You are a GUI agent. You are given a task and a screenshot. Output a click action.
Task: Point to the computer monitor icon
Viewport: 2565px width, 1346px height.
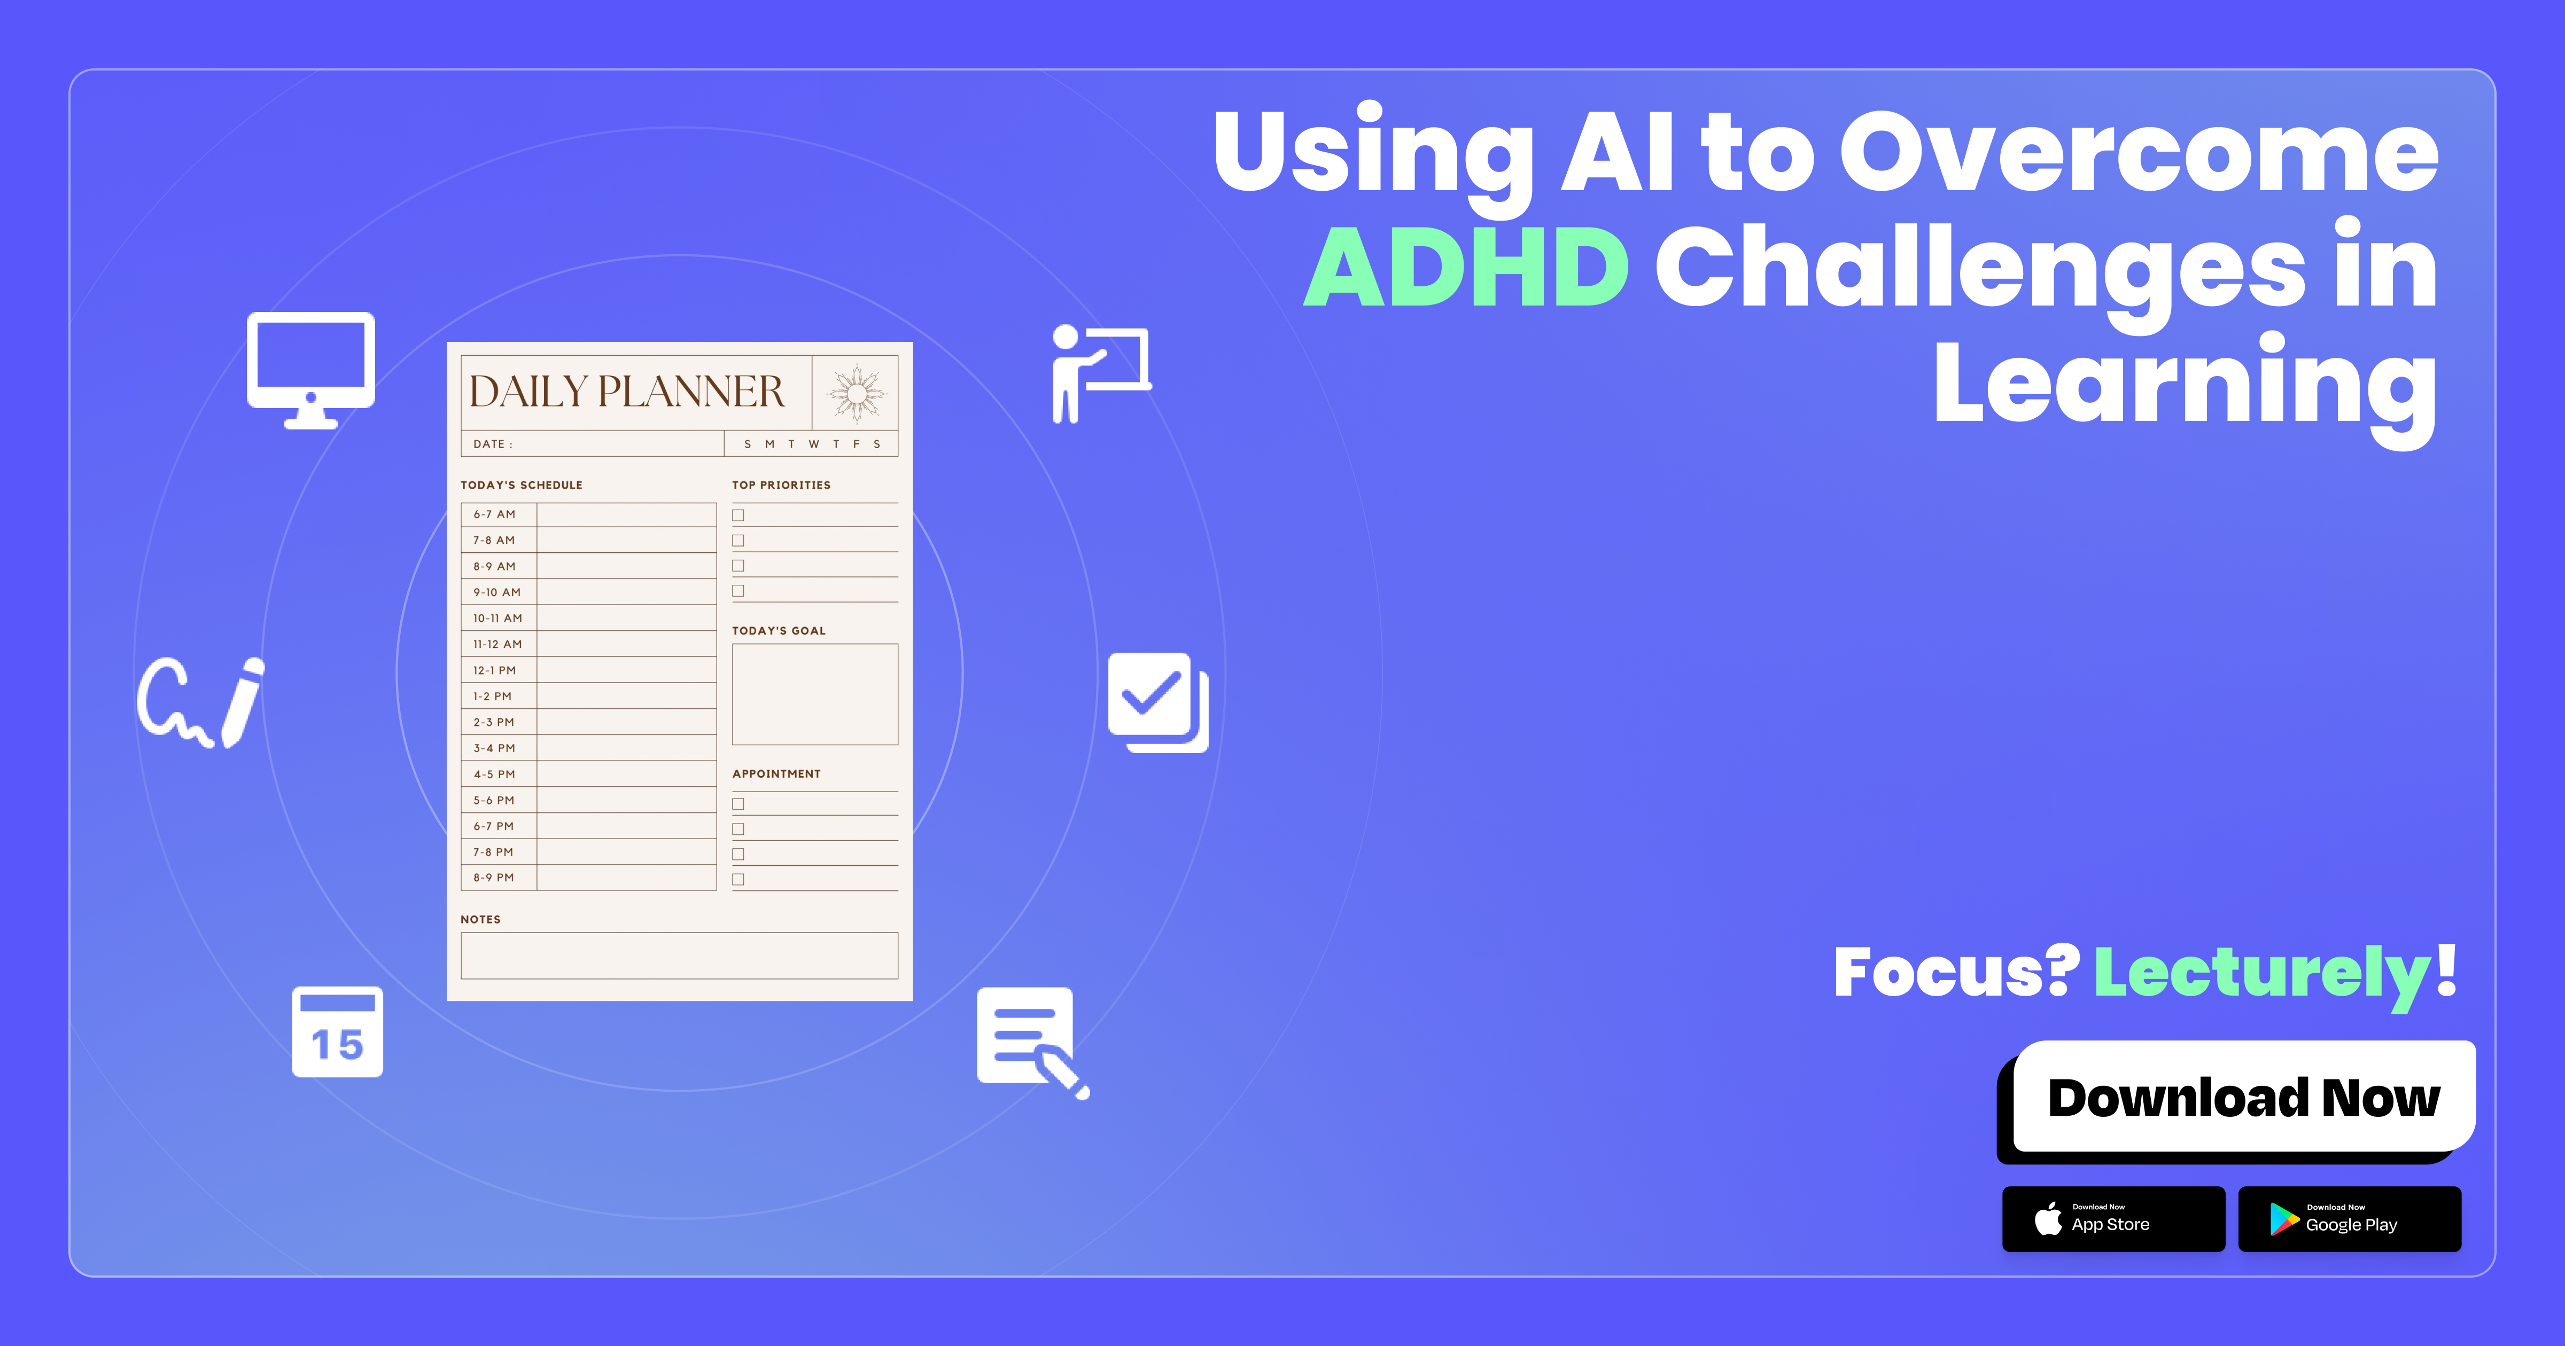coord(310,369)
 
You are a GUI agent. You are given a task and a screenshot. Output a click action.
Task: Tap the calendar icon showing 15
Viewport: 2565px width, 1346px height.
coord(338,1032)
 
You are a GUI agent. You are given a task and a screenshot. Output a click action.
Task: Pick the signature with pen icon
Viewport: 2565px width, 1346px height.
coord(201,702)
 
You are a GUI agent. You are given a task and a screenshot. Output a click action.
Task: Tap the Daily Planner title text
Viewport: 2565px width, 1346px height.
coord(626,392)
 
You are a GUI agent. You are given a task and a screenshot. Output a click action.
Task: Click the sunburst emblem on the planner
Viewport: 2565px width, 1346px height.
coord(856,392)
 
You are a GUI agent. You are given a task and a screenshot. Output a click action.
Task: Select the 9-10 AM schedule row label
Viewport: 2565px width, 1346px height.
coord(497,592)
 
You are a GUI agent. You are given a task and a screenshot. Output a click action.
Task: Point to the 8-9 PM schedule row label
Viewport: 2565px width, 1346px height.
coord(494,878)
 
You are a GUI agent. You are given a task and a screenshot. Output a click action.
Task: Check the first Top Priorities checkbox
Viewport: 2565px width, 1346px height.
coord(738,515)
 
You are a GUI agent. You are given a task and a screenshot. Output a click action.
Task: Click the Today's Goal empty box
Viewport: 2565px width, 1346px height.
coord(814,694)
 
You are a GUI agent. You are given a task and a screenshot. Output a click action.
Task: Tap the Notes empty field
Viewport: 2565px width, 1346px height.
coord(679,956)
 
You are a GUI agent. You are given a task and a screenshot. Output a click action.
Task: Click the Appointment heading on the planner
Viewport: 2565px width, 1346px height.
coord(776,773)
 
